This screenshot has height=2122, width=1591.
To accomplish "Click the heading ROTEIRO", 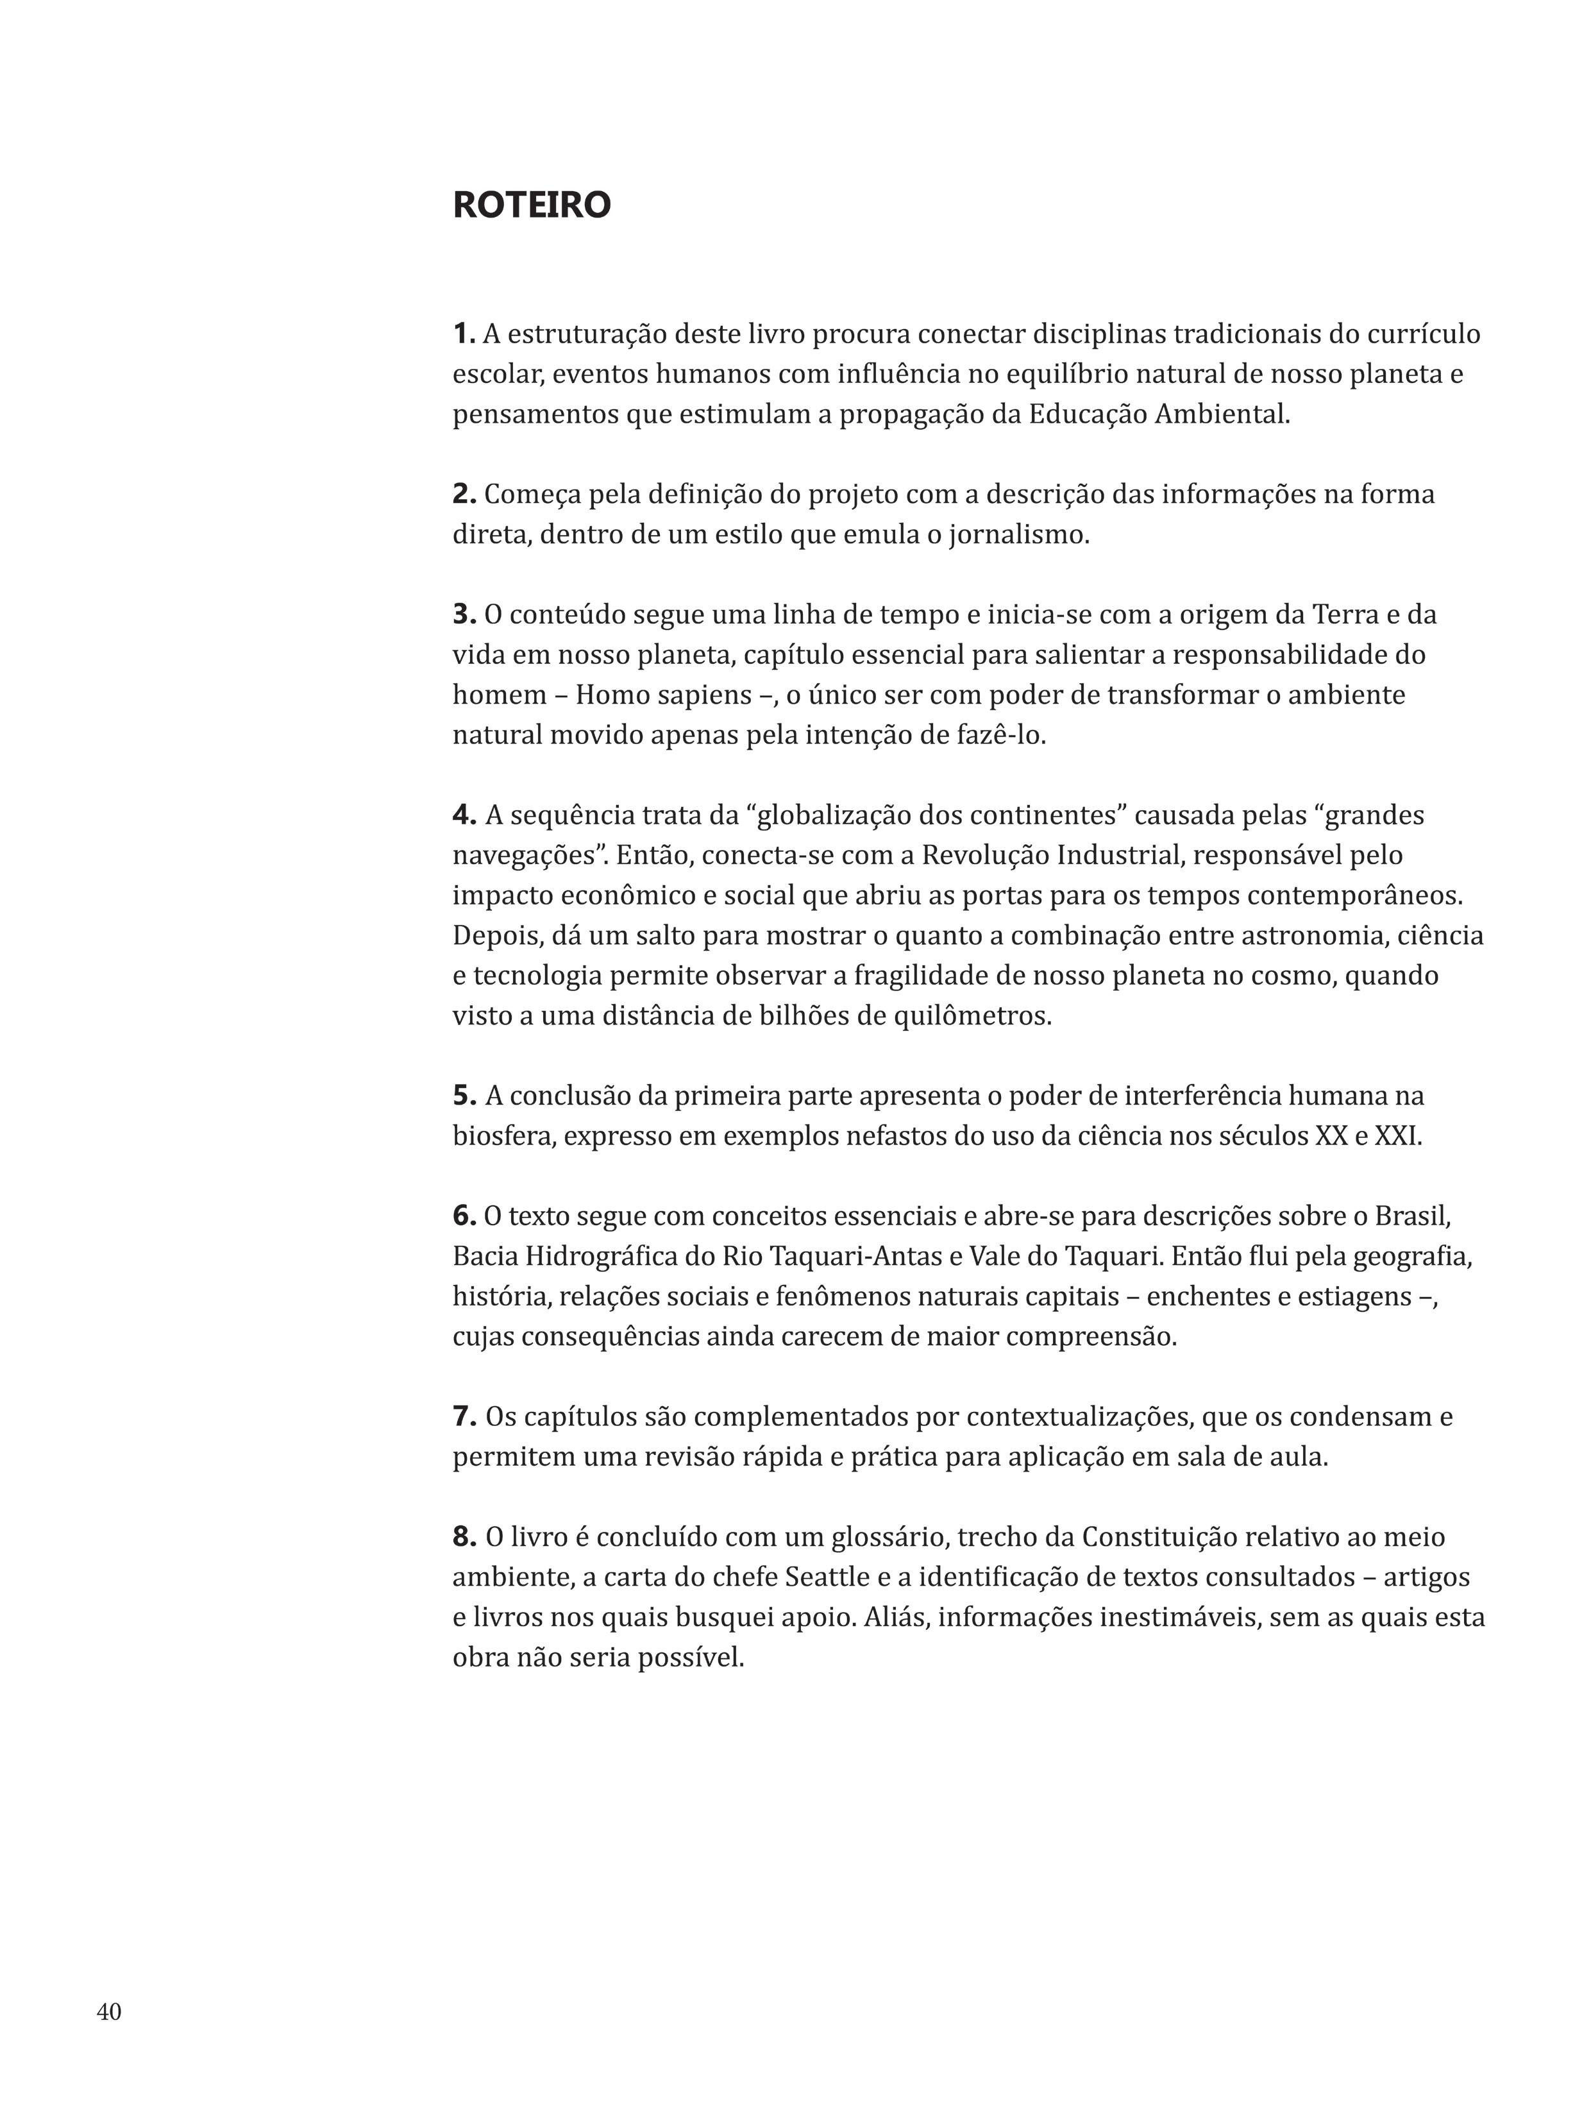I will pos(530,205).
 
